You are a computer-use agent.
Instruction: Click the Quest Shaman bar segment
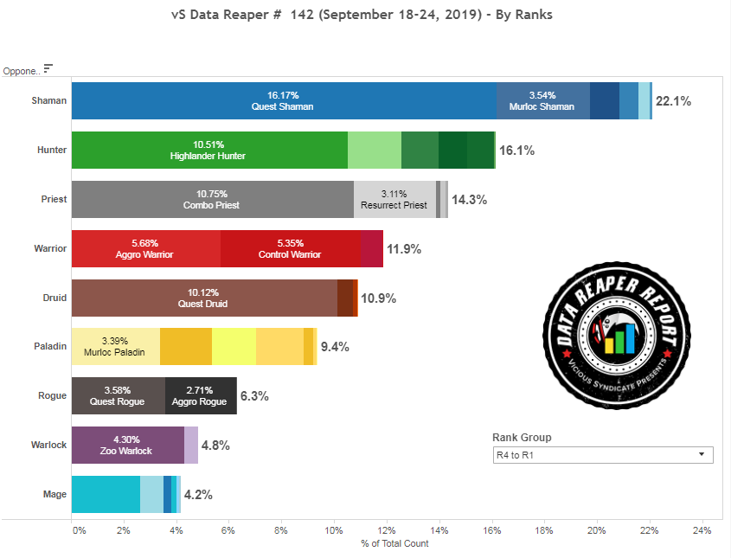(283, 100)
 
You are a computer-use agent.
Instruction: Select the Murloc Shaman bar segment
(543, 100)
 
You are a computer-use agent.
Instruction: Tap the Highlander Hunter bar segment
(208, 150)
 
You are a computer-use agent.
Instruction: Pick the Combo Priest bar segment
(212, 199)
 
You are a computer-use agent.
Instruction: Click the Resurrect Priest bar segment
(394, 199)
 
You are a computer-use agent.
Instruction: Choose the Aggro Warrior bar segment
(145, 248)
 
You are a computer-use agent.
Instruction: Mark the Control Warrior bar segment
(291, 248)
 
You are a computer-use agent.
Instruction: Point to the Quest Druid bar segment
(204, 298)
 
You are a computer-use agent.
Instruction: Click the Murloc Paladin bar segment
(115, 347)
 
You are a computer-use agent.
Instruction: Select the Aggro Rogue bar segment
(201, 396)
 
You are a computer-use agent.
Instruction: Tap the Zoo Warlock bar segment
(127, 445)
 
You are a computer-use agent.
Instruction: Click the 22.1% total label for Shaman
(673, 101)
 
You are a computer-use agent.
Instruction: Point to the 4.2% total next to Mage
(198, 495)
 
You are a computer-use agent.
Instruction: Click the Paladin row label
(52, 347)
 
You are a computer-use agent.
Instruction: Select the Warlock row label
(50, 446)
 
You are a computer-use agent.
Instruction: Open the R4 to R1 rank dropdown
(602, 455)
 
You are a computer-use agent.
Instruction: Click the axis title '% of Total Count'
(394, 543)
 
